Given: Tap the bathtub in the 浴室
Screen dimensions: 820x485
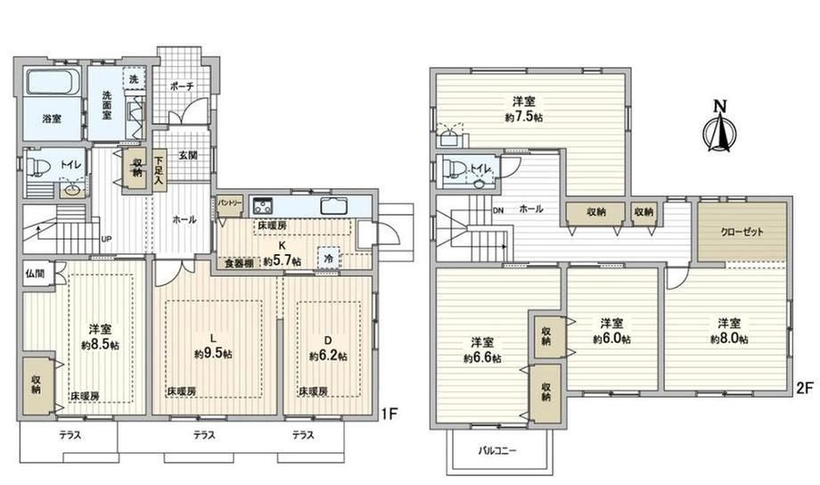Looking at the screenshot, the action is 53,82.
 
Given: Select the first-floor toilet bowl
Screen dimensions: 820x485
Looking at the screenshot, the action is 37,167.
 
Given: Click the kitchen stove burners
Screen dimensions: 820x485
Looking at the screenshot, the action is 262,206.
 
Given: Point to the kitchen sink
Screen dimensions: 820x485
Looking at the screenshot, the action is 335,207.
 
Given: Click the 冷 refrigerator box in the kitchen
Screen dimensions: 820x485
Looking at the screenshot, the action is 328,259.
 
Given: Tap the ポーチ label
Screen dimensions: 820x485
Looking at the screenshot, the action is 182,86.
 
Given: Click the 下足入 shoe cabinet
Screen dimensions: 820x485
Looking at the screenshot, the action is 158,168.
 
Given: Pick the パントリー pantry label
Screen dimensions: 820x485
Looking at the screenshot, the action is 230,202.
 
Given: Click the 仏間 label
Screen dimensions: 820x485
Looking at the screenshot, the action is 35,273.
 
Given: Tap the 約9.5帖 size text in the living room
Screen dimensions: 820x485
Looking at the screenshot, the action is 213,354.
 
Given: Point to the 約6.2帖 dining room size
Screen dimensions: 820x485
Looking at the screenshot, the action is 328,357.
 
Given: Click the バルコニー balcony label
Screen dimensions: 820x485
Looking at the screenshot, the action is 497,450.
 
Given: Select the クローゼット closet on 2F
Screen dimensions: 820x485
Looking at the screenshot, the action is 742,232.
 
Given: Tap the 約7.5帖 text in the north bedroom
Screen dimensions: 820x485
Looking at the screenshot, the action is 523,117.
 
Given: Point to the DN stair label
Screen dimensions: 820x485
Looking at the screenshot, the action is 498,210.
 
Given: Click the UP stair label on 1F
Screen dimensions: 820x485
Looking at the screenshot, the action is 106,239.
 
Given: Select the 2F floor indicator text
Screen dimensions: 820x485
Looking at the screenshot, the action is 804,388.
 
